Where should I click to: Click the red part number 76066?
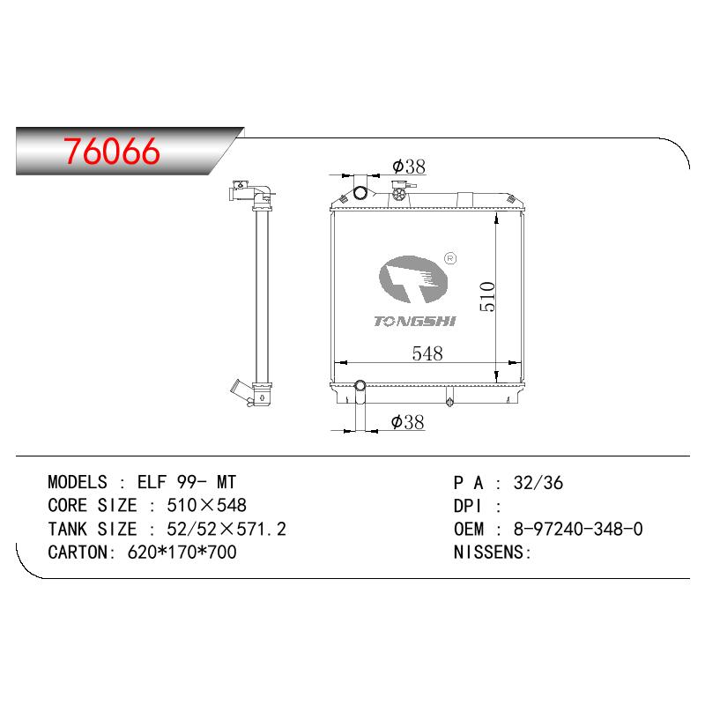click(x=112, y=151)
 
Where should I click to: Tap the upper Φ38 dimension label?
click(x=409, y=167)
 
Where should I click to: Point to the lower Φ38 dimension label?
click(x=407, y=422)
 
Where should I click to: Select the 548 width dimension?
click(x=427, y=353)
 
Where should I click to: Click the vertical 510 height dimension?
click(x=487, y=297)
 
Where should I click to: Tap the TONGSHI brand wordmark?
click(x=414, y=321)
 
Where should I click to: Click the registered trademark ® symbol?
click(x=450, y=258)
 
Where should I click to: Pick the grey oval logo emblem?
click(x=413, y=279)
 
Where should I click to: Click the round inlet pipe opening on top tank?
click(x=360, y=193)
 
